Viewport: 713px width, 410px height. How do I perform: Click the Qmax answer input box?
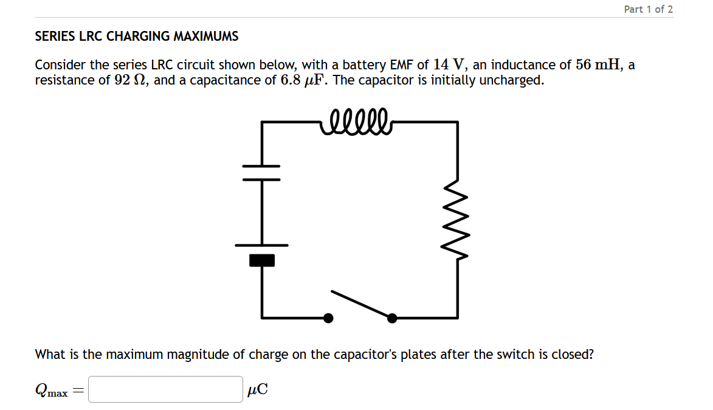(165, 389)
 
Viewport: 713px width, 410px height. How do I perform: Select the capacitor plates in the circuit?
(262, 173)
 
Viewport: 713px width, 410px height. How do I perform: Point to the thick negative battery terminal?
(262, 260)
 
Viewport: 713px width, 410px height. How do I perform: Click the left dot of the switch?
(328, 318)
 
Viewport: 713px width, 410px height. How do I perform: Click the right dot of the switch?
(392, 318)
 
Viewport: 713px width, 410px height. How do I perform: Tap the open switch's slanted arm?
(360, 304)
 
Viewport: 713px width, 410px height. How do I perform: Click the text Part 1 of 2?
(648, 9)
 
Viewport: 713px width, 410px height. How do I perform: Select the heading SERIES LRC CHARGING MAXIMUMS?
(137, 36)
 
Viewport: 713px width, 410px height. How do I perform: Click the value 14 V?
(449, 64)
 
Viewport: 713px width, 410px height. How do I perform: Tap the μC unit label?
(257, 390)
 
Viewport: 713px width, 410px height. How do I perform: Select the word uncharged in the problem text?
(511, 80)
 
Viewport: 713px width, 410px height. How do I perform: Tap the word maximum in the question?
(135, 354)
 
